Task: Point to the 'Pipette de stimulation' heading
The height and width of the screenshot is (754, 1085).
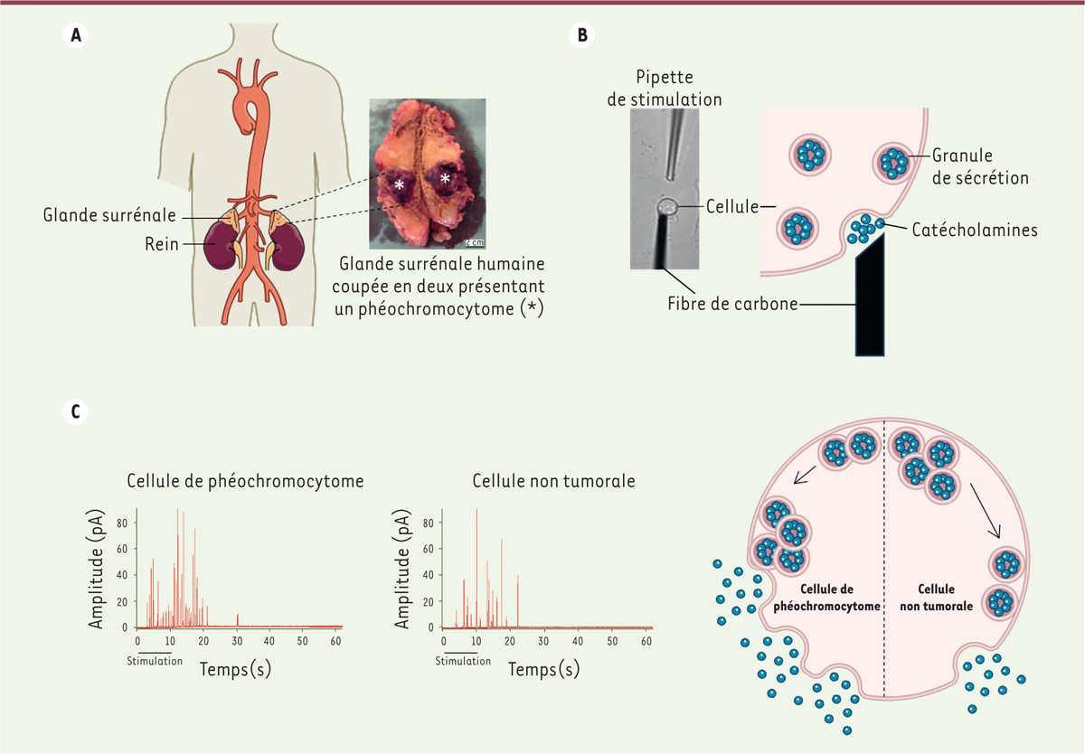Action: (665, 89)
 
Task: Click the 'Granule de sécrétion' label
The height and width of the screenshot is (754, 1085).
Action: (980, 166)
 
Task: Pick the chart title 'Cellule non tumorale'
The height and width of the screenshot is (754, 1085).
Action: (553, 482)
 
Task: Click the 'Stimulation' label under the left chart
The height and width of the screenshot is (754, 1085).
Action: (155, 661)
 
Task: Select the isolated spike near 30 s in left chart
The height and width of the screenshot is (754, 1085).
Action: (237, 619)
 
